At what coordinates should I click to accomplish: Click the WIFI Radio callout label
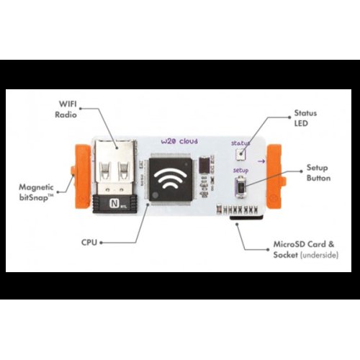point(66,109)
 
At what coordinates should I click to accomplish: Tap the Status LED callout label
point(305,118)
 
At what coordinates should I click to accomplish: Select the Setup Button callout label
point(318,173)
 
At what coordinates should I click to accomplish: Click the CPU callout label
point(89,243)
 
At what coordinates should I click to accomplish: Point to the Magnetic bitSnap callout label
point(37,192)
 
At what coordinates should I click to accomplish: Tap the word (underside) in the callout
point(319,255)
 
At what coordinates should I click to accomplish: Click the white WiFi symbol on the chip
point(171,179)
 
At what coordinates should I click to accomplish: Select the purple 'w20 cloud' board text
point(179,141)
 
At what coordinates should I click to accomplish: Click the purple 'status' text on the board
point(240,143)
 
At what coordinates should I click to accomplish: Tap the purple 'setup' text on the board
point(240,171)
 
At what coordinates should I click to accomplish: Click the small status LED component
point(240,154)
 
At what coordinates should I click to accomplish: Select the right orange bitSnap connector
point(274,176)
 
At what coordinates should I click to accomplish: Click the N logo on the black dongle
point(114,204)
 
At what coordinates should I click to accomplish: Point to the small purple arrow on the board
point(261,161)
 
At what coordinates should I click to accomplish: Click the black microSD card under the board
point(246,217)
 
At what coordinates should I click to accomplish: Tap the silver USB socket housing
point(114,166)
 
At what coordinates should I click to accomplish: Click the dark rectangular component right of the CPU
point(204,165)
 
